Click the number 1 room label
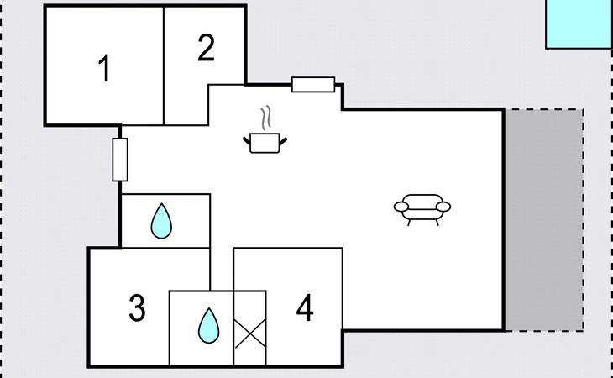(104, 68)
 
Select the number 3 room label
(138, 308)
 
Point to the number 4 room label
(305, 309)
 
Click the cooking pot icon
(265, 143)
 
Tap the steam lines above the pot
(266, 116)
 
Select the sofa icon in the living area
(422, 207)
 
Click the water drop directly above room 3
(160, 223)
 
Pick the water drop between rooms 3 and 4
(207, 326)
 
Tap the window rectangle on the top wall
(313, 84)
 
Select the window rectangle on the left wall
(119, 160)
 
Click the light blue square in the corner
(579, 24)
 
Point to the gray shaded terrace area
(542, 219)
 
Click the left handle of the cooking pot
(247, 138)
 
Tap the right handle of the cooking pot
(285, 138)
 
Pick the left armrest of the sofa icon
(401, 207)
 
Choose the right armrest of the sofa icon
(443, 207)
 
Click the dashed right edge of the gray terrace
(583, 219)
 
